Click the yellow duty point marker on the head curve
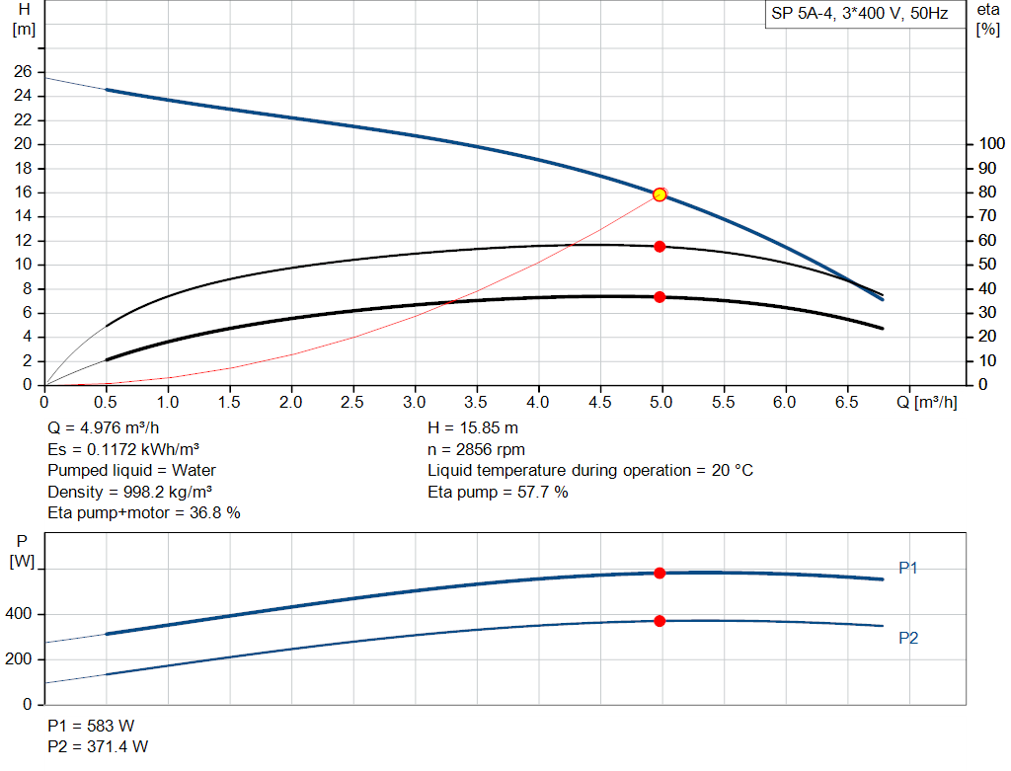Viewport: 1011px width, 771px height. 660,194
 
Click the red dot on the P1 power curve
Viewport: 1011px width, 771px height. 660,573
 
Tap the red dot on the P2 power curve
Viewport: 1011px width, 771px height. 660,621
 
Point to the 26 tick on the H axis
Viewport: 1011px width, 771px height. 22,72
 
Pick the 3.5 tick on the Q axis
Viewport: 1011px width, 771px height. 476,403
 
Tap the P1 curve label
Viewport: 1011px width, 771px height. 908,569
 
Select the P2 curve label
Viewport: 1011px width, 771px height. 908,639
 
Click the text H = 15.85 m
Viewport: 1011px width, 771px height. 473,428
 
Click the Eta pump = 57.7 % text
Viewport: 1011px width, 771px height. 498,492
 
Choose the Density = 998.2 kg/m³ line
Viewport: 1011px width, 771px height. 130,492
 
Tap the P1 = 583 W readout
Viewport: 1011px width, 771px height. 91,726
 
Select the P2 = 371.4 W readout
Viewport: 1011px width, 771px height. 98,746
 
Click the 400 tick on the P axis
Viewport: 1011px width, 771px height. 22,614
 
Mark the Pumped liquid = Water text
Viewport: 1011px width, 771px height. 131,470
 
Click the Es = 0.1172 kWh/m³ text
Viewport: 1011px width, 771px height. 130,449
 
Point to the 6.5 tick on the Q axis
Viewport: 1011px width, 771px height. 846,403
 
